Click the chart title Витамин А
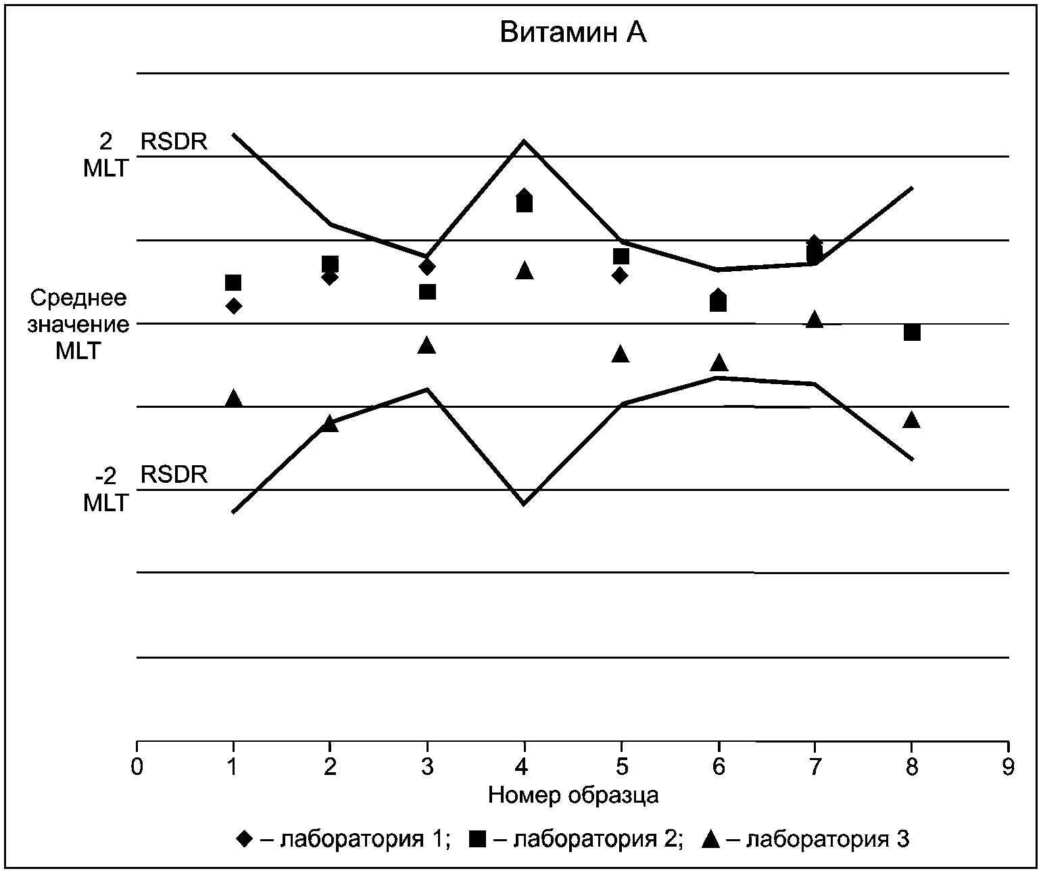pyautogui.click(x=573, y=33)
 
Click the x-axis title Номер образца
pyautogui.click(x=573, y=795)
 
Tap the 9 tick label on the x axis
pyautogui.click(x=1008, y=767)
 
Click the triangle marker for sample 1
pyautogui.click(x=233, y=398)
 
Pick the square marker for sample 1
pyautogui.click(x=233, y=283)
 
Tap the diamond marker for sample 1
pyautogui.click(x=233, y=306)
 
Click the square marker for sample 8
pyautogui.click(x=912, y=332)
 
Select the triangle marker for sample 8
pyautogui.click(x=912, y=419)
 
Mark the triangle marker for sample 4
pyautogui.click(x=524, y=270)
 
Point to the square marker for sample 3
pyautogui.click(x=427, y=291)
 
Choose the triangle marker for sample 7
pyautogui.click(x=815, y=318)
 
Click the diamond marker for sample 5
pyautogui.click(x=620, y=275)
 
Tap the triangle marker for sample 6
pyautogui.click(x=718, y=362)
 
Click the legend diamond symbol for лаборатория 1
pyautogui.click(x=244, y=839)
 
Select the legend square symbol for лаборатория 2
pyautogui.click(x=477, y=839)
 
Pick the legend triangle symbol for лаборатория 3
pyautogui.click(x=710, y=839)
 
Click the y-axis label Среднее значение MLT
pyautogui.click(x=78, y=325)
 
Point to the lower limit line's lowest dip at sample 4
pyautogui.click(x=523, y=504)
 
